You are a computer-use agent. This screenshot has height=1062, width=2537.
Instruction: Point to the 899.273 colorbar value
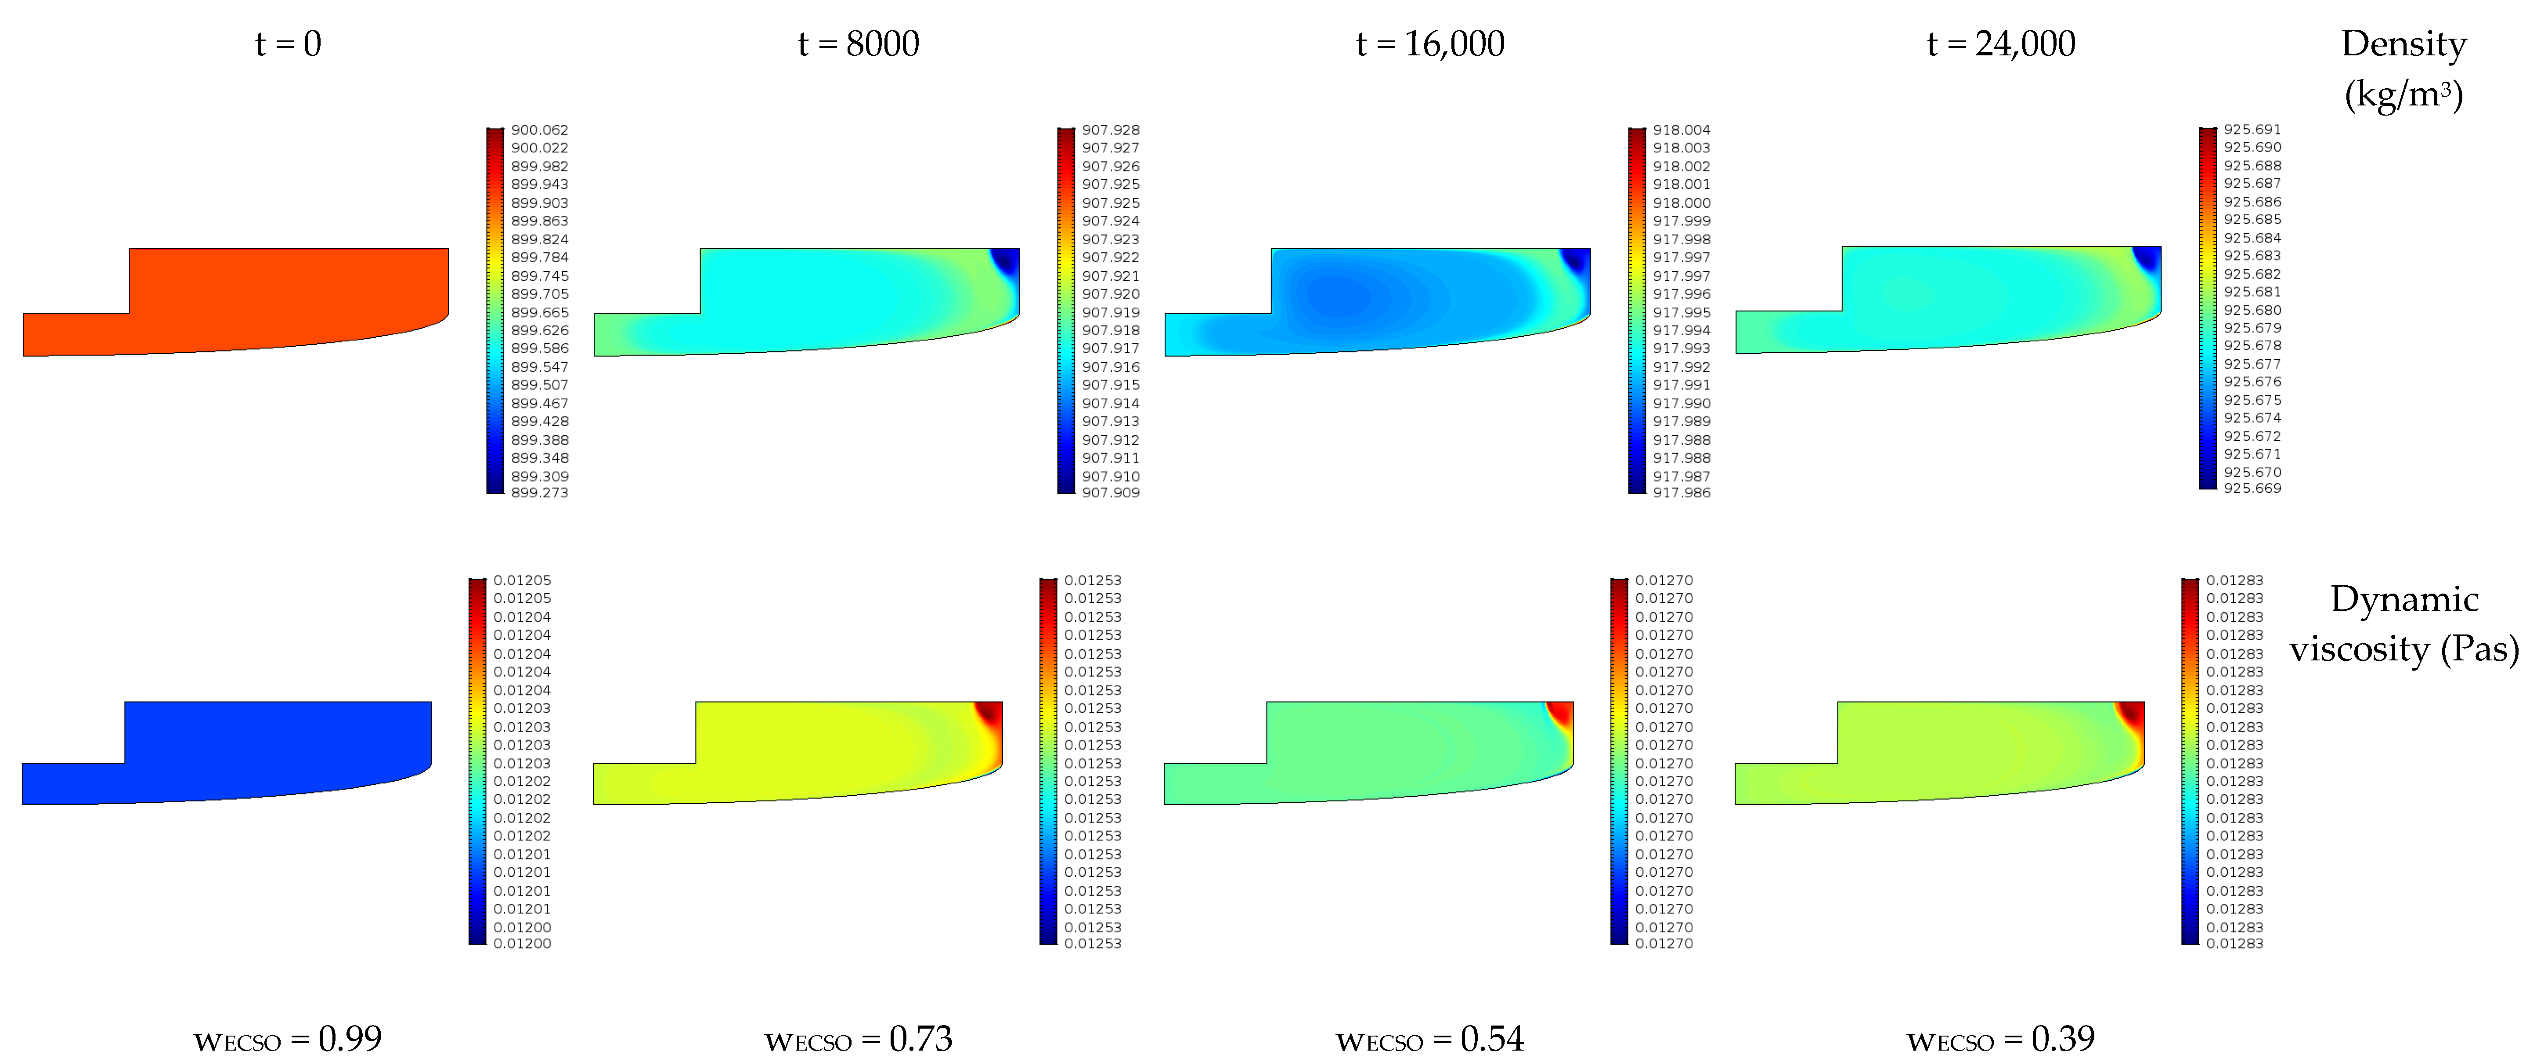click(x=540, y=493)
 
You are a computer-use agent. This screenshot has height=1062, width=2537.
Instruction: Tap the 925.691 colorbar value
click(x=2252, y=129)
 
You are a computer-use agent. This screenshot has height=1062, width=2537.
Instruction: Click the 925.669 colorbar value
click(x=2252, y=489)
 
